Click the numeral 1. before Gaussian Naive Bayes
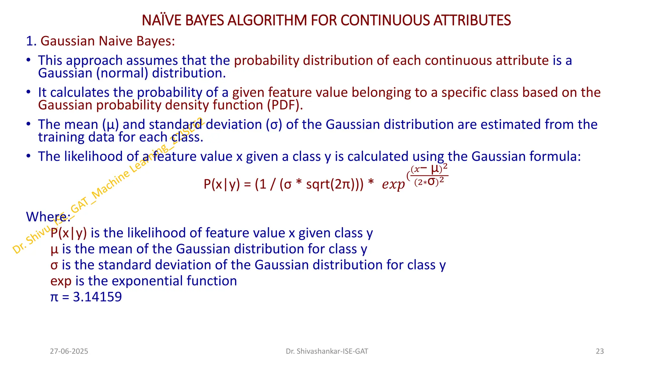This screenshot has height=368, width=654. click(31, 41)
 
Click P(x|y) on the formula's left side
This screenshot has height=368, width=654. click(222, 184)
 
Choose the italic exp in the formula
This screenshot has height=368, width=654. click(393, 184)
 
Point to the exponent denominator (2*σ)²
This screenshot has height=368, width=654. click(429, 182)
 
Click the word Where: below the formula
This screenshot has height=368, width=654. click(48, 217)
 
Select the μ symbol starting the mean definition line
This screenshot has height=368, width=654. click(54, 249)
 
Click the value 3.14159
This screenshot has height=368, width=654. click(97, 297)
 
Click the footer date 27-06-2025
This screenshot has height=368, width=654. click(69, 351)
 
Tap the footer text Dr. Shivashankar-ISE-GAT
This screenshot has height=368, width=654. click(327, 351)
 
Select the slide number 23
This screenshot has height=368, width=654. click(600, 351)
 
